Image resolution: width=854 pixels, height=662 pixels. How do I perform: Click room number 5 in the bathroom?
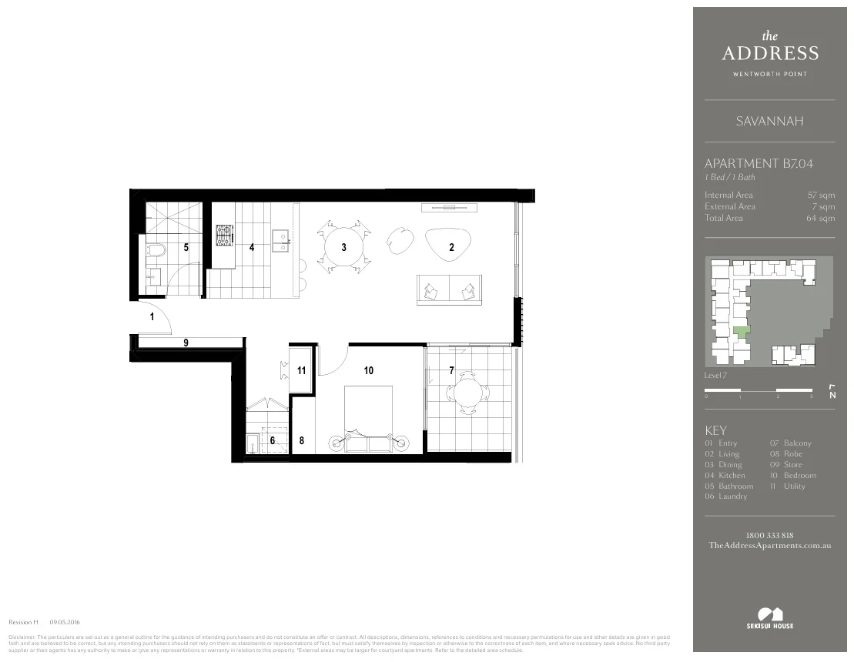point(186,247)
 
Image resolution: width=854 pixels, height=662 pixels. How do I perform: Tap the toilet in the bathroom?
point(156,252)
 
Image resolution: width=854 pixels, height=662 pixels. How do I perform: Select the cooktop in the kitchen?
point(224,234)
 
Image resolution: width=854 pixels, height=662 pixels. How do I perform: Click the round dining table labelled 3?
point(343,247)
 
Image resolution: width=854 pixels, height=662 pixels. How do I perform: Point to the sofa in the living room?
point(450,289)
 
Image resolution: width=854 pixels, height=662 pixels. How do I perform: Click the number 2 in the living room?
point(452,247)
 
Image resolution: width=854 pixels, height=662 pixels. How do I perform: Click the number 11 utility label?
point(301,370)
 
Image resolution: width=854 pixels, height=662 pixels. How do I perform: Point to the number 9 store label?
point(186,343)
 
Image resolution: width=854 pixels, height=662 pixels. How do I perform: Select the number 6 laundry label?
point(272,440)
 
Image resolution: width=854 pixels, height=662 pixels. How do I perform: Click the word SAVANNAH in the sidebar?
point(769,122)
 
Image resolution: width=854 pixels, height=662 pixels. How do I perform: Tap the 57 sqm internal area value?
point(820,196)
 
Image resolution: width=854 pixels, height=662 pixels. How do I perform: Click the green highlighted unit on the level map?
point(741,333)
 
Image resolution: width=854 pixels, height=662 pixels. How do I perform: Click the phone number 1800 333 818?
point(769,535)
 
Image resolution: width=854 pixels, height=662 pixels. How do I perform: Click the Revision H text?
point(23,621)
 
